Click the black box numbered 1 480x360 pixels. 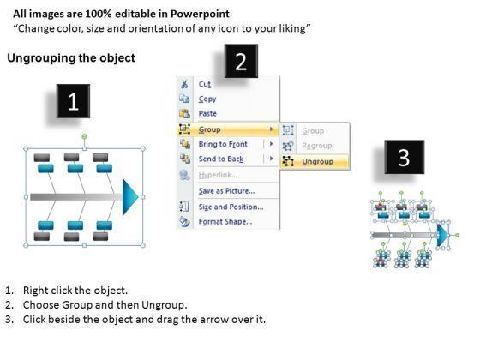tap(73, 101)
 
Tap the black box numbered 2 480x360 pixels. tap(241, 61)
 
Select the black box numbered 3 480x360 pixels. tap(404, 157)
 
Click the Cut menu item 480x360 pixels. tap(205, 84)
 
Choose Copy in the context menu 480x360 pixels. tap(207, 99)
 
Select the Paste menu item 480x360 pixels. tap(207, 113)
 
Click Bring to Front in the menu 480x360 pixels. tap(223, 144)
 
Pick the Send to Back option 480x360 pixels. tap(221, 159)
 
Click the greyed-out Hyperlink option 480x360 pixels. tap(218, 175)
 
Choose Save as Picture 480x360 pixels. tap(226, 191)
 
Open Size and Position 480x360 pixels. tap(231, 207)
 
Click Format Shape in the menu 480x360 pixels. tap(225, 222)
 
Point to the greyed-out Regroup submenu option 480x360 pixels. tap(317, 146)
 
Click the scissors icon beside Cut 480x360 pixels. tap(184, 84)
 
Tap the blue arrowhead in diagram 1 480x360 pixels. tap(130, 197)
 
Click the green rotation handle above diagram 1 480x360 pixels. tap(85, 136)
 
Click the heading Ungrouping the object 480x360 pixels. tap(71, 58)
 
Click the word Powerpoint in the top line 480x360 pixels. tap(200, 14)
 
